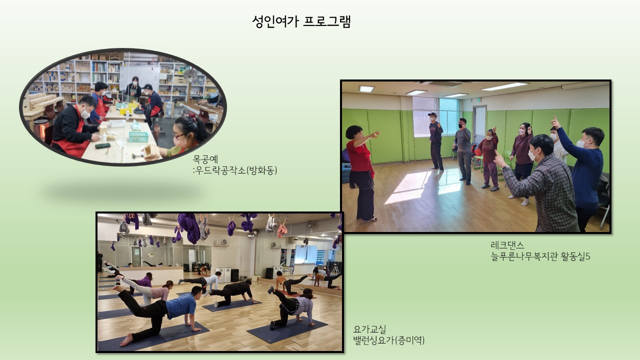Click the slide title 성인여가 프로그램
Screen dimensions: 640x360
[301, 21]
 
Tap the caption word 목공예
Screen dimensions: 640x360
[205, 159]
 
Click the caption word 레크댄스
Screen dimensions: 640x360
[507, 245]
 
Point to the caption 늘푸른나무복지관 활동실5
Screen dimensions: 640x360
[540, 256]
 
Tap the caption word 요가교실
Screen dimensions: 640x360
[369, 329]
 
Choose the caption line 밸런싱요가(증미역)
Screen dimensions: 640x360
[389, 340]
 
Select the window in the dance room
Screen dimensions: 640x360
[435, 117]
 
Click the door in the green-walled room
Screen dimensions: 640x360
[479, 125]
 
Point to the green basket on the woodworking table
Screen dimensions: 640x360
[138, 136]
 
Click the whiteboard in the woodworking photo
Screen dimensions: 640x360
[139, 77]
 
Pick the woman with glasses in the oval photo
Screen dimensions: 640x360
[185, 137]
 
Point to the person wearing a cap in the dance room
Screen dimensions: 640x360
[436, 141]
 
